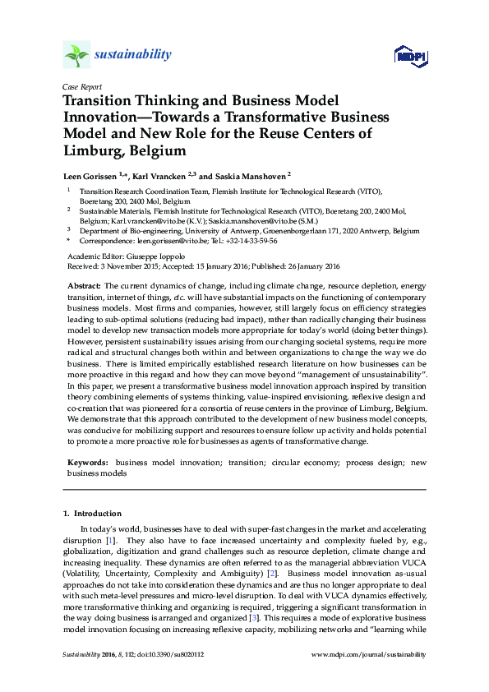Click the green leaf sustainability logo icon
tap(76, 55)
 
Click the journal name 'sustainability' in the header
tap(133, 55)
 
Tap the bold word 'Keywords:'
tap(86, 464)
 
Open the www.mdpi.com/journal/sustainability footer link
tap(370, 654)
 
